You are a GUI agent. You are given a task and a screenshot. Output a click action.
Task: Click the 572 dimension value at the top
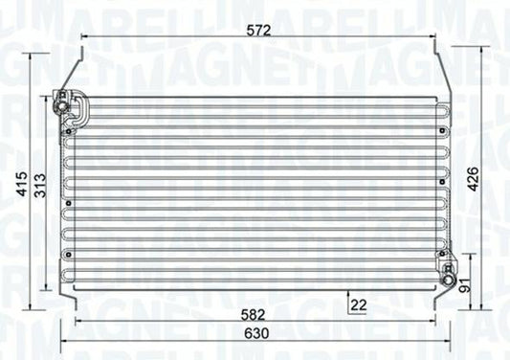[x=258, y=31]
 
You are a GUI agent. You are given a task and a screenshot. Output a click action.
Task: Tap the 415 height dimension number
[x=22, y=184]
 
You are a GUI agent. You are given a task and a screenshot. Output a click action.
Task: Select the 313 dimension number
[x=41, y=186]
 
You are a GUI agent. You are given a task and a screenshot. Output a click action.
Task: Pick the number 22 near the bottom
[x=359, y=304]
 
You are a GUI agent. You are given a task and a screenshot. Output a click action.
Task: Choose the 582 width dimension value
[x=253, y=315]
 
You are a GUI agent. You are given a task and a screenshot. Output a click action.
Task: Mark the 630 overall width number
[x=256, y=333]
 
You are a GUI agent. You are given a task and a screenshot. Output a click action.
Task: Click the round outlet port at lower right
[x=447, y=281]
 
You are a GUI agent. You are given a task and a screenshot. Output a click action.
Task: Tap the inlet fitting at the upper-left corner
[x=61, y=101]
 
